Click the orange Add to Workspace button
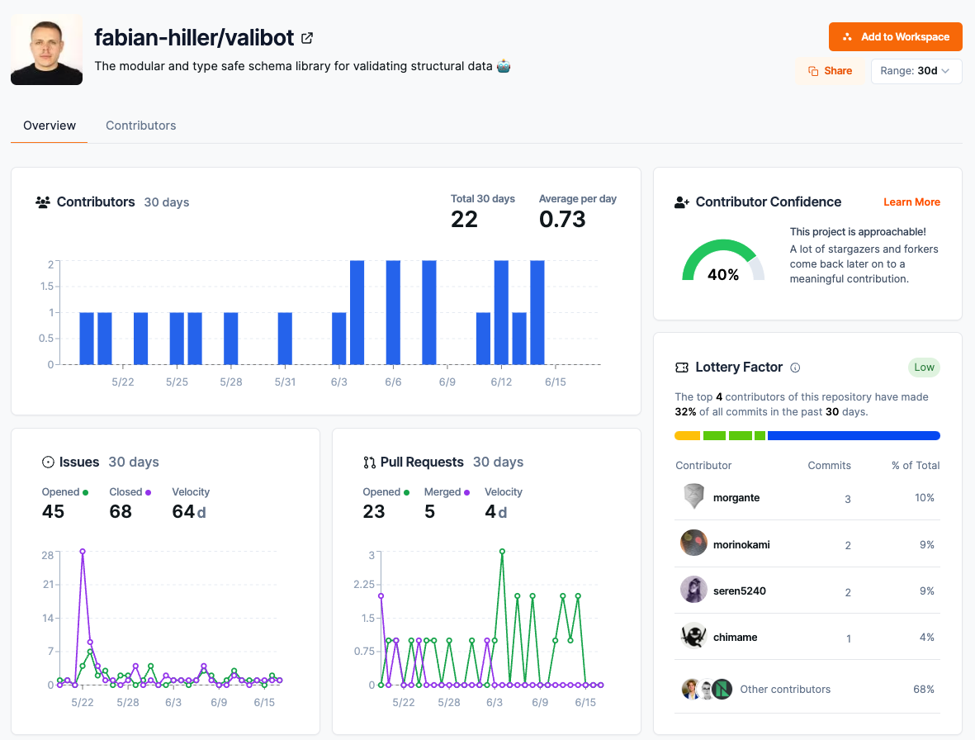[895, 37]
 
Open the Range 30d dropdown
[916, 71]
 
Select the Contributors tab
[140, 126]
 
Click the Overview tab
[50, 126]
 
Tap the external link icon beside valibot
[307, 38]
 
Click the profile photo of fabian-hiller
[46, 50]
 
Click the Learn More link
[911, 202]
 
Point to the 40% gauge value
[723, 275]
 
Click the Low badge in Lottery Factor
[924, 368]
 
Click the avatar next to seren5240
[693, 590]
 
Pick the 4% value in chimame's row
[926, 638]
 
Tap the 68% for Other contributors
[924, 689]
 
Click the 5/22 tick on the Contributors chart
[123, 382]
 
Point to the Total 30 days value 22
[464, 219]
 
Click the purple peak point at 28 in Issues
[83, 551]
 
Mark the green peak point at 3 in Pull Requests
[502, 551]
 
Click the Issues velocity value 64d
[188, 512]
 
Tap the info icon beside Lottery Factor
[795, 368]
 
